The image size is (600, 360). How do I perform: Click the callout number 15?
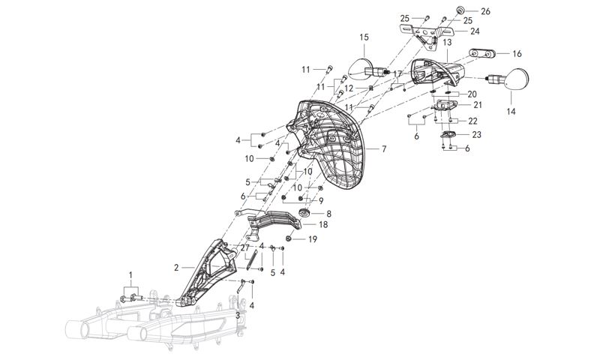click(x=364, y=37)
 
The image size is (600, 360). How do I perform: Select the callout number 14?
click(x=511, y=112)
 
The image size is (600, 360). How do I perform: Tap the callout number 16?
click(x=517, y=54)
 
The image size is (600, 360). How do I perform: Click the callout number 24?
click(x=475, y=31)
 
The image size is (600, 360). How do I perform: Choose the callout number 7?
click(x=383, y=149)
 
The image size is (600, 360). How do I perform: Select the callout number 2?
click(x=176, y=267)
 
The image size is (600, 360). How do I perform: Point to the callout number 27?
click(x=244, y=247)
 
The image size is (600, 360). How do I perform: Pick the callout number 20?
click(x=471, y=94)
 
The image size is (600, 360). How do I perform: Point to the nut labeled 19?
click(x=292, y=239)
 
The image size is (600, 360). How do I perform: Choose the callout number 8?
click(x=328, y=213)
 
